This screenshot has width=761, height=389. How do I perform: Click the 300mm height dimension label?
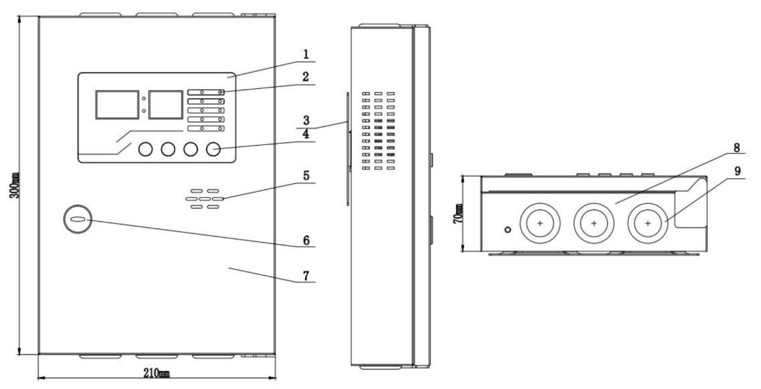pyautogui.click(x=15, y=185)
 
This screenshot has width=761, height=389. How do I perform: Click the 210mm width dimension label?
pyautogui.click(x=156, y=374)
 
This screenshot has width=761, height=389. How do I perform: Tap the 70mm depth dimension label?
pyautogui.click(x=458, y=214)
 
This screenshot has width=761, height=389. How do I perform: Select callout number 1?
pyautogui.click(x=306, y=54)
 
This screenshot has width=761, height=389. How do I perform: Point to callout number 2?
pyautogui.click(x=306, y=77)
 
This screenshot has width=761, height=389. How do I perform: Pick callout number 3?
pyautogui.click(x=306, y=120)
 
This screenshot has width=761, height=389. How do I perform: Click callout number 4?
pyautogui.click(x=306, y=134)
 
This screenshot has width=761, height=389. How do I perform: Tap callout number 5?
pyautogui.click(x=306, y=176)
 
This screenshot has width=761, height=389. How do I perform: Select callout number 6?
pyautogui.click(x=306, y=240)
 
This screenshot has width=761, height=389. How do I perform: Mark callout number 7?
pyautogui.click(x=306, y=275)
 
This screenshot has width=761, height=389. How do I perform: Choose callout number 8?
pyautogui.click(x=737, y=148)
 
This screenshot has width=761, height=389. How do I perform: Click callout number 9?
pyautogui.click(x=737, y=171)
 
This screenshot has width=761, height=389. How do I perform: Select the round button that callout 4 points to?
pyautogui.click(x=213, y=149)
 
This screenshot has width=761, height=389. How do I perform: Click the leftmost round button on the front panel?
pyautogui.click(x=146, y=149)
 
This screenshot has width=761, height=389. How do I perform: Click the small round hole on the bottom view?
pyautogui.click(x=508, y=230)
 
